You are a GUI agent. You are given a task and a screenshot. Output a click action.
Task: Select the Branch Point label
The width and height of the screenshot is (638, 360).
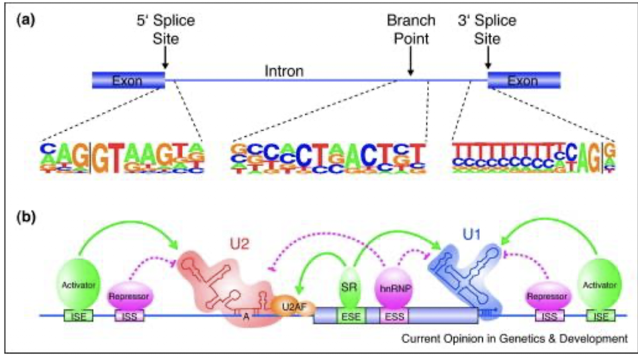coord(408,30)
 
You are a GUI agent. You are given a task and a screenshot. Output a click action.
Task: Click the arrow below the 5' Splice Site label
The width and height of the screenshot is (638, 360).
coord(165,60)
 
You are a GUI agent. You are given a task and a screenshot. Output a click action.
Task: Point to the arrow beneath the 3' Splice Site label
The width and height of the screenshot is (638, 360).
coord(488,60)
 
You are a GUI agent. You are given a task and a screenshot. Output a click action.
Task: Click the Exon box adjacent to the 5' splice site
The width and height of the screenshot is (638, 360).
coord(128,81)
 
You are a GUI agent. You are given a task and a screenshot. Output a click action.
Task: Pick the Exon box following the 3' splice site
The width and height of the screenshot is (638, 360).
coord(524,81)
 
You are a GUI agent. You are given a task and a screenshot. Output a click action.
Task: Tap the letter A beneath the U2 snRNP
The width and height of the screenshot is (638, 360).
coord(245,316)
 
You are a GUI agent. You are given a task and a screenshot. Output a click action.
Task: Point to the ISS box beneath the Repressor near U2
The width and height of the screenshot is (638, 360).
coord(127,316)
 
